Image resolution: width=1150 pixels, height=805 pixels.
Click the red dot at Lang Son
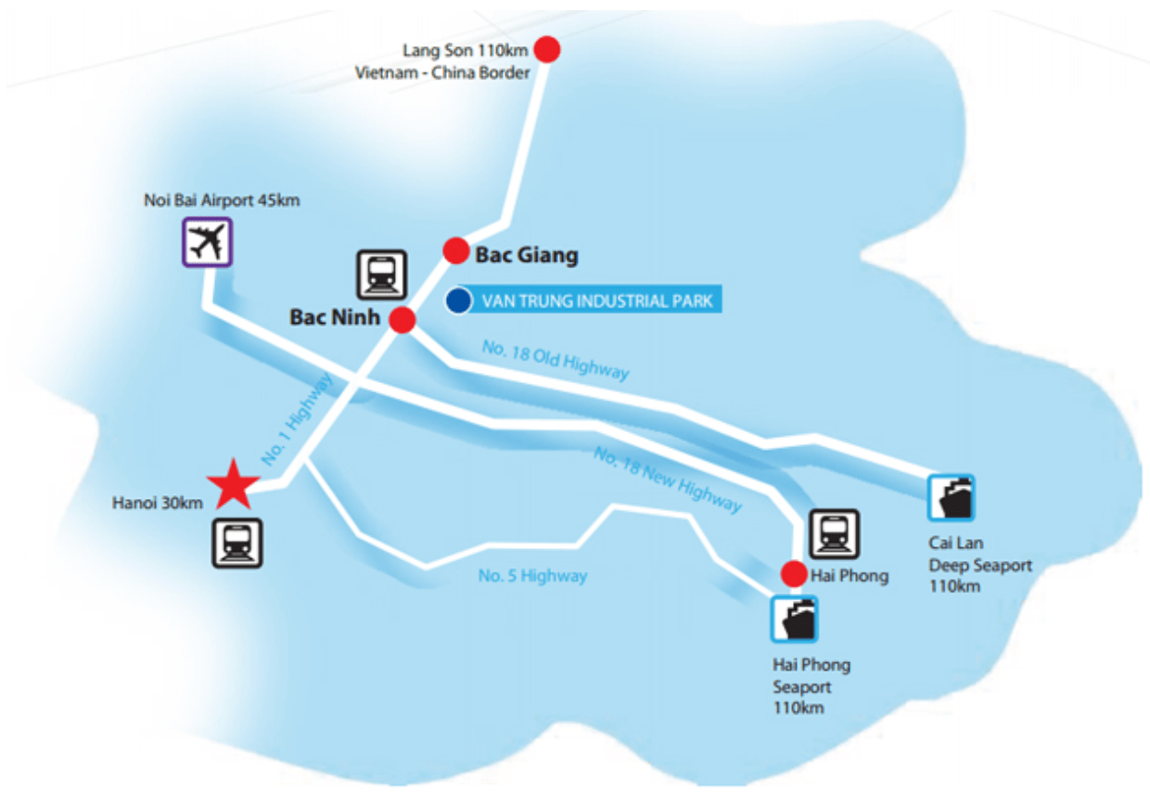[x=547, y=50]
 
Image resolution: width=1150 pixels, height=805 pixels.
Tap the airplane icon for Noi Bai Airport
[x=208, y=242]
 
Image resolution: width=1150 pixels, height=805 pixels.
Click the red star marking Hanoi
[x=234, y=484]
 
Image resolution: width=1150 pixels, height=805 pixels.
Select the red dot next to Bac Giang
[x=456, y=251]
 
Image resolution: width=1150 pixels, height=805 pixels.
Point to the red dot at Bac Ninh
[x=402, y=320]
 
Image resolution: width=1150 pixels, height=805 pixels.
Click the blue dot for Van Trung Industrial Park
[x=458, y=300]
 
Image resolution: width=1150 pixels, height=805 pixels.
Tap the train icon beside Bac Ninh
[x=382, y=275]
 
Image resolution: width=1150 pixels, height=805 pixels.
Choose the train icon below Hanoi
[x=237, y=543]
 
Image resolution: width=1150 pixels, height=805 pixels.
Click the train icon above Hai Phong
[x=835, y=534]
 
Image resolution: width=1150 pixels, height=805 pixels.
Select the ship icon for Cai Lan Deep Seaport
[x=952, y=497]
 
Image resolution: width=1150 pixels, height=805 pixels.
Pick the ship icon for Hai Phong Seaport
[x=794, y=619]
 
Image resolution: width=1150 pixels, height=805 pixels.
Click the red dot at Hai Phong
[x=794, y=573]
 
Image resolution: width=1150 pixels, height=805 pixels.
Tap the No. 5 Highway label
[x=532, y=576]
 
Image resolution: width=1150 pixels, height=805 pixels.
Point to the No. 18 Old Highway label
[x=556, y=361]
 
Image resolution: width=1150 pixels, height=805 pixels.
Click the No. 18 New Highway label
[x=668, y=479]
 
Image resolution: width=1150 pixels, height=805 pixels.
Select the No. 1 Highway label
[x=297, y=419]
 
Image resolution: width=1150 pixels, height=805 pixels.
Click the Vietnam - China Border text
[x=442, y=73]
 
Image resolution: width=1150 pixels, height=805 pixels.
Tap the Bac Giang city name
[x=527, y=255]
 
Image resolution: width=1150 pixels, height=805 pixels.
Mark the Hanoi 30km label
[x=157, y=503]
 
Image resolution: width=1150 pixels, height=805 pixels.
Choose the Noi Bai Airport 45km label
[x=222, y=200]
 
